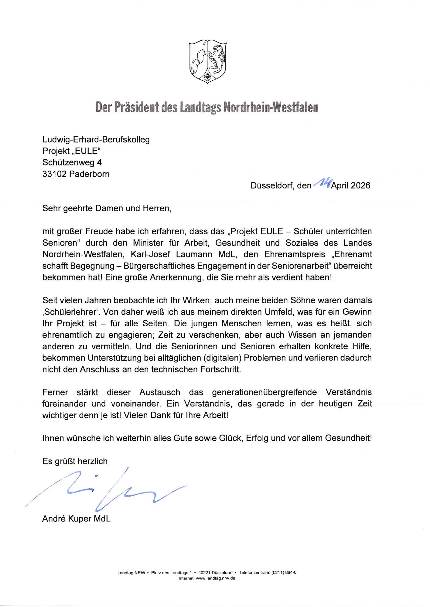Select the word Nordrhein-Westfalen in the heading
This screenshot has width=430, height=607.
[x=271, y=107]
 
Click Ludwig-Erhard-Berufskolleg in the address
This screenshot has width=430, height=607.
[x=96, y=140]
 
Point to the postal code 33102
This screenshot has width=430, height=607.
[x=54, y=174]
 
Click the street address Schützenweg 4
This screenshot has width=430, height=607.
[x=72, y=163]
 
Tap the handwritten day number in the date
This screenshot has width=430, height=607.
[x=322, y=183]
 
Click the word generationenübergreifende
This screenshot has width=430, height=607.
[x=264, y=392]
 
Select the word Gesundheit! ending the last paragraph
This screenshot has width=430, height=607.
[x=348, y=438]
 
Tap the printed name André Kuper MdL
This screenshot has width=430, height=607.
[x=76, y=519]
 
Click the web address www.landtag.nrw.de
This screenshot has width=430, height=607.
[x=216, y=578]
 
